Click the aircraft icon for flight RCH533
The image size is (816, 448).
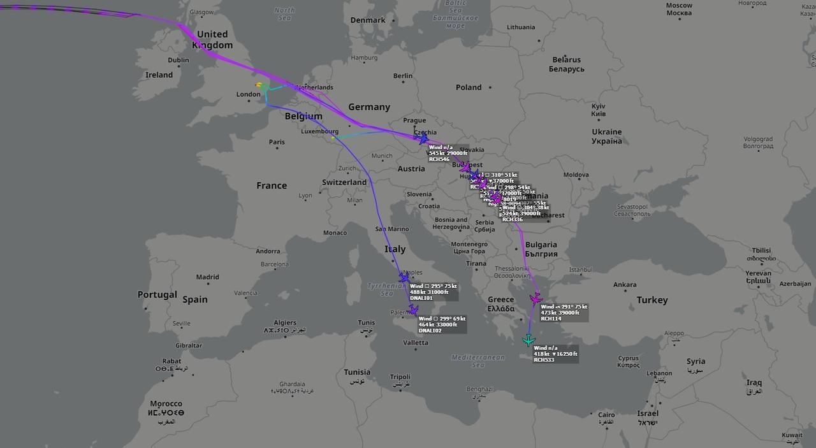click(x=528, y=340)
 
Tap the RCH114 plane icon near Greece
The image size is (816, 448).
click(x=535, y=299)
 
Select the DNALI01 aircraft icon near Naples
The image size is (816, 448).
click(x=404, y=278)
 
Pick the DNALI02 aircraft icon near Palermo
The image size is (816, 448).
click(x=413, y=310)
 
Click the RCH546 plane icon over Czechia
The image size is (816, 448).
click(x=422, y=138)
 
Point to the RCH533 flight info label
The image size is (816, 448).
click(x=555, y=354)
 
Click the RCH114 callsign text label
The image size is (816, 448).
click(x=551, y=319)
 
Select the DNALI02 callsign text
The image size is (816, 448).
click(x=430, y=331)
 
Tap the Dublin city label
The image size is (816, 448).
click(x=178, y=61)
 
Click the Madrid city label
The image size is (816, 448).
click(x=208, y=277)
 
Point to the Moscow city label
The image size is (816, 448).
click(x=679, y=9)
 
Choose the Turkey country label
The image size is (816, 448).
click(x=652, y=300)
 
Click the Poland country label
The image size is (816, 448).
click(x=469, y=87)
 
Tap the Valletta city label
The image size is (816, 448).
click(x=416, y=343)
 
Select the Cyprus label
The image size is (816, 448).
click(x=628, y=361)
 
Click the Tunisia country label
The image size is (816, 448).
click(x=357, y=372)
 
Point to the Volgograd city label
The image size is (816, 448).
click(x=758, y=142)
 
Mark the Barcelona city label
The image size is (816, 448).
click(x=274, y=264)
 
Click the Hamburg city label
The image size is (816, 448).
click(x=364, y=58)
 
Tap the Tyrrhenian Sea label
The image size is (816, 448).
click(x=387, y=290)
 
